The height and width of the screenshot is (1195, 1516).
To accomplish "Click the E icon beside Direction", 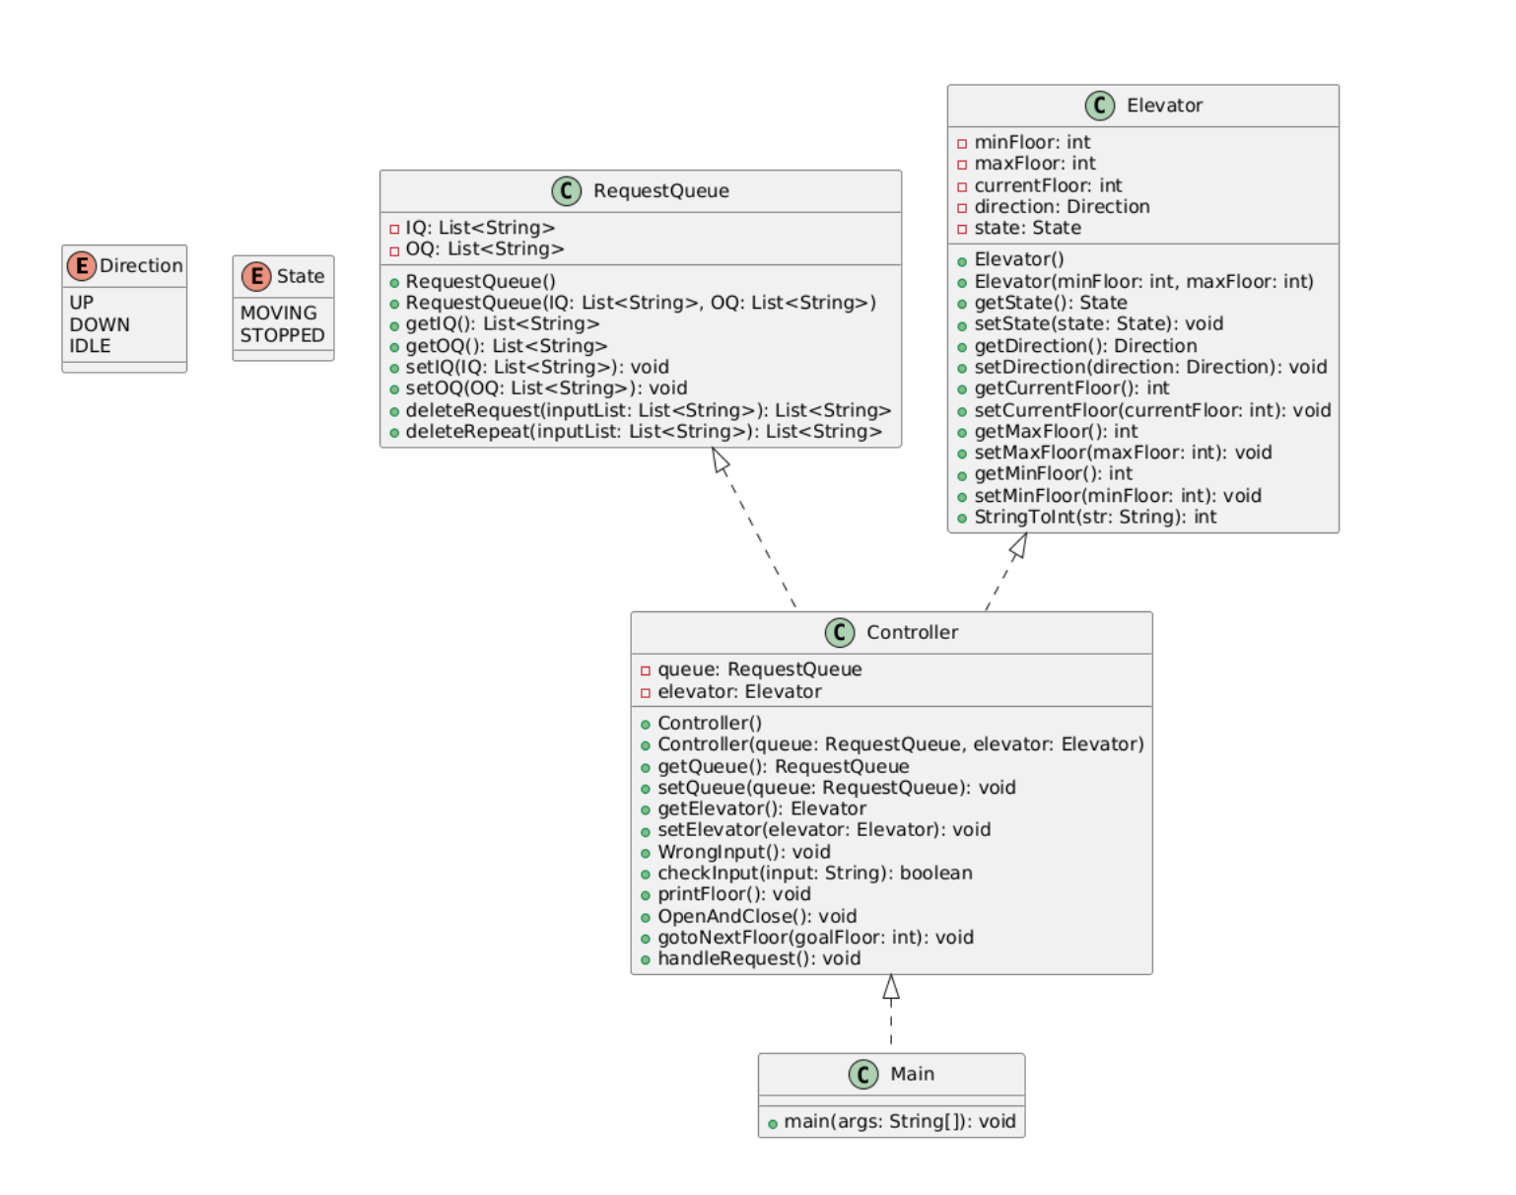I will (x=81, y=265).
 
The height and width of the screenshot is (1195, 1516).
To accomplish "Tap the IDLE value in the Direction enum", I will (x=90, y=346).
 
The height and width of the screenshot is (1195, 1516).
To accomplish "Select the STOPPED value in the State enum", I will (x=282, y=335).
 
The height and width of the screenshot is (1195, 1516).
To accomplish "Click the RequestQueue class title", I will (x=660, y=191).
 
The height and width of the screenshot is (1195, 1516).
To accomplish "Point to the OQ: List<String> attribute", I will (x=484, y=249).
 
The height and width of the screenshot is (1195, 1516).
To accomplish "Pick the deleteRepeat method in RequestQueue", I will (x=643, y=432).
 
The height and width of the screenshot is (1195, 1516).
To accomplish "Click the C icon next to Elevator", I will (x=1100, y=105).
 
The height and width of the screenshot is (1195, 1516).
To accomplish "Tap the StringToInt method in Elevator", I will (x=1094, y=517).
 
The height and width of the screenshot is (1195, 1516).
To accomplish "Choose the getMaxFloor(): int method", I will (x=1055, y=431).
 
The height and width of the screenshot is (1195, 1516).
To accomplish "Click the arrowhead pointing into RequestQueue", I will (x=722, y=460).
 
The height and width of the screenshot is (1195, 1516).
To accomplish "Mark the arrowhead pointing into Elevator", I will (x=1019, y=545).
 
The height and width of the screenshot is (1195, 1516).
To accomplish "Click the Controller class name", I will (x=912, y=632).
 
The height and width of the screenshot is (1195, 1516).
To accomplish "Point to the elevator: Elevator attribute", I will (x=738, y=691).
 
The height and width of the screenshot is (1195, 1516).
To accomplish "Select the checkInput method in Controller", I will (x=814, y=873).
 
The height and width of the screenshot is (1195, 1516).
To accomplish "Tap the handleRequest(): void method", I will (x=758, y=958).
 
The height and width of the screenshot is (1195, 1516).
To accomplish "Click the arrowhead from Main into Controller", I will (x=891, y=986).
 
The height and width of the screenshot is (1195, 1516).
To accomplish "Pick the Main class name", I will (x=912, y=1074).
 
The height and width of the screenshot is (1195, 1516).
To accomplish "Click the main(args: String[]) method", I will (x=899, y=1121).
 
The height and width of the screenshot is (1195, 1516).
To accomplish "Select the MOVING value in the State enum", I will (x=278, y=313).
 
